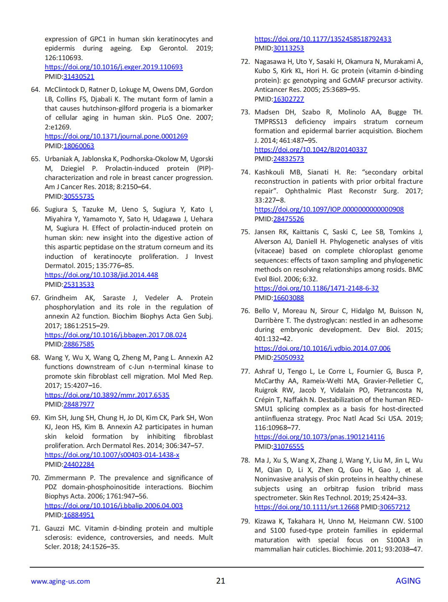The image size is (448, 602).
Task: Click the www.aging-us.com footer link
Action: pos(60,581)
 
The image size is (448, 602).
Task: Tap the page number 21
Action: pos(221,581)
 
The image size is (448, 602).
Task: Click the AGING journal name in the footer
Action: pos(408,581)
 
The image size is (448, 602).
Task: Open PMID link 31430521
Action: pos(79,76)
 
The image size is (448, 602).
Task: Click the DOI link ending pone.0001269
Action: pos(116,136)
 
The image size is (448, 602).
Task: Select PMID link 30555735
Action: pos(79,196)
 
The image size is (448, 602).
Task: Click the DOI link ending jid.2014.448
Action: pos(102,275)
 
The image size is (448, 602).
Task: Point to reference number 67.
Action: pos(36,298)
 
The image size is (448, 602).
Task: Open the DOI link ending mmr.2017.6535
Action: pos(107,395)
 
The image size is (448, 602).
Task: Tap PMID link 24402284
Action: pos(79,464)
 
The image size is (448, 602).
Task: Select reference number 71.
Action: pos(36,528)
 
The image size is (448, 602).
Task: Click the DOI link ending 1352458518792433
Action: pos(323,39)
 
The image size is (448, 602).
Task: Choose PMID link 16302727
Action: pos(288,99)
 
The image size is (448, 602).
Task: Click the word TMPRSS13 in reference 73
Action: pos(271,121)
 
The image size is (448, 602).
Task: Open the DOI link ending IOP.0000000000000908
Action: pos(329,209)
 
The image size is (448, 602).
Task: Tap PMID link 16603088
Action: pos(288,298)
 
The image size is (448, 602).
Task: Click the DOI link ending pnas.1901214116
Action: pos(319,437)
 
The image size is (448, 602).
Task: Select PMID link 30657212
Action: pos(395,507)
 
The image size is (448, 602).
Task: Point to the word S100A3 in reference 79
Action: pos(398,540)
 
